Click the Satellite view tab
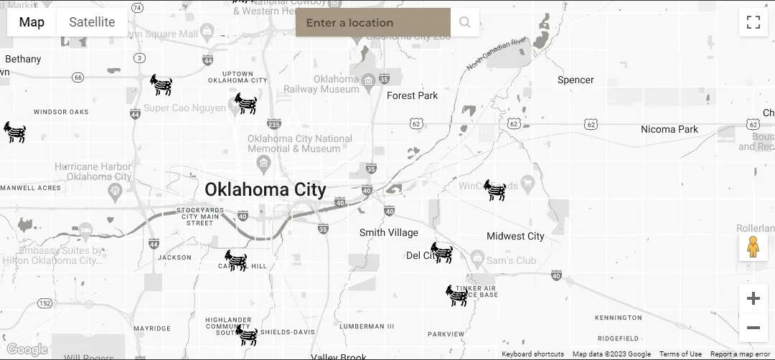point(92,22)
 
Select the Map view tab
point(32,22)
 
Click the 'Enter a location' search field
point(372,22)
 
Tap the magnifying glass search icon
point(465,22)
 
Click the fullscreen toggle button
point(753,22)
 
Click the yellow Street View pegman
point(753,247)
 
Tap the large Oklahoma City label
point(266,189)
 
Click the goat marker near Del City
point(441,252)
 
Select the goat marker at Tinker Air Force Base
point(457,295)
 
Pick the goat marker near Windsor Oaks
point(14,132)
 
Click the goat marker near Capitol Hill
point(235,260)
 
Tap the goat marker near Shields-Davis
point(246,335)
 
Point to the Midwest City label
point(515,236)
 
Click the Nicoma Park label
point(669,129)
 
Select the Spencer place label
point(576,80)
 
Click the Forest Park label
point(412,95)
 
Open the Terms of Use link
point(680,354)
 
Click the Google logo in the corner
point(27,350)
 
